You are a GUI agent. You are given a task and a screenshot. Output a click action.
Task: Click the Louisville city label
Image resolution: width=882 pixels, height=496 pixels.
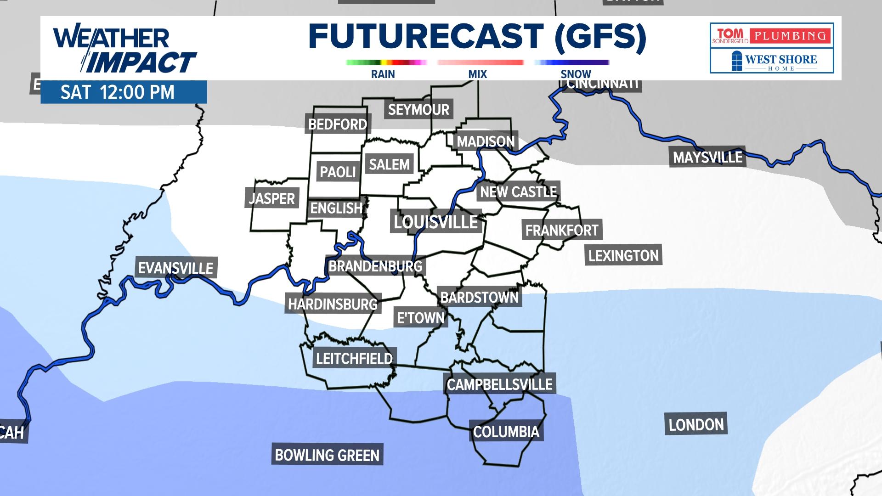435,222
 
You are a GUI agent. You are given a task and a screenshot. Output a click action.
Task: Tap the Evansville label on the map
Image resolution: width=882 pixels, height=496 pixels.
175,268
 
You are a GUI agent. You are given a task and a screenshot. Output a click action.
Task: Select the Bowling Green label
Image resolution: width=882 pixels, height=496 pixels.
327,455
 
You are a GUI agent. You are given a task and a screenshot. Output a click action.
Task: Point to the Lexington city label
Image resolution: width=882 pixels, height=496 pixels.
623,255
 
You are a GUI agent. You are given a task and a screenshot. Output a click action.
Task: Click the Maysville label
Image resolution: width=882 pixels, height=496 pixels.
707,158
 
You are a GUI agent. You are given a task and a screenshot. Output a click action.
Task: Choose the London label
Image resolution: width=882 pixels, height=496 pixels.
696,425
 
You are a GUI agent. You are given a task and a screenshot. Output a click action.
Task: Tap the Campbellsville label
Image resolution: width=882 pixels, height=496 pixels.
499,384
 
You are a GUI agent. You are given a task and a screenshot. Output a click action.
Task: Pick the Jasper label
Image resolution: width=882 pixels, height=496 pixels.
271,198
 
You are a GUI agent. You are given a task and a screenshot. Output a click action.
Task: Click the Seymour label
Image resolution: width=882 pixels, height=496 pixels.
418,110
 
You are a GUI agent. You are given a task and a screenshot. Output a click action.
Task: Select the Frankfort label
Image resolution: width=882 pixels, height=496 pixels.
562,230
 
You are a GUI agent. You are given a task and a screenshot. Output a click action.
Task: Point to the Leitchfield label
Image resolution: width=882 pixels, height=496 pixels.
354,358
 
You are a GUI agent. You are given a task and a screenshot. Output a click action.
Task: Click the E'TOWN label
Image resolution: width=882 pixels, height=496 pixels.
421,318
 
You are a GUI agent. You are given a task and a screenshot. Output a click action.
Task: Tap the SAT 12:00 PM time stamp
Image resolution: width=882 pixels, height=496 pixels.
118,92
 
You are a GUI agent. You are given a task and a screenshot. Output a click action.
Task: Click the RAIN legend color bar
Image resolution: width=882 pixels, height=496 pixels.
386,62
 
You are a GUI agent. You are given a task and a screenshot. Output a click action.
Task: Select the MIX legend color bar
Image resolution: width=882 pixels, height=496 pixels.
480,62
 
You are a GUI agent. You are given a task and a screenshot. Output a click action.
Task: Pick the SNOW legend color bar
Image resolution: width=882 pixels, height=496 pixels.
572,62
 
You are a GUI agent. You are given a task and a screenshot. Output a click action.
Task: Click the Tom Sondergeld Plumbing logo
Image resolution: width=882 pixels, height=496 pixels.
771,35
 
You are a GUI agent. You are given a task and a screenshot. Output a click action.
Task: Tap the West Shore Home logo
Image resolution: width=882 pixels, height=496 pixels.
772,61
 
